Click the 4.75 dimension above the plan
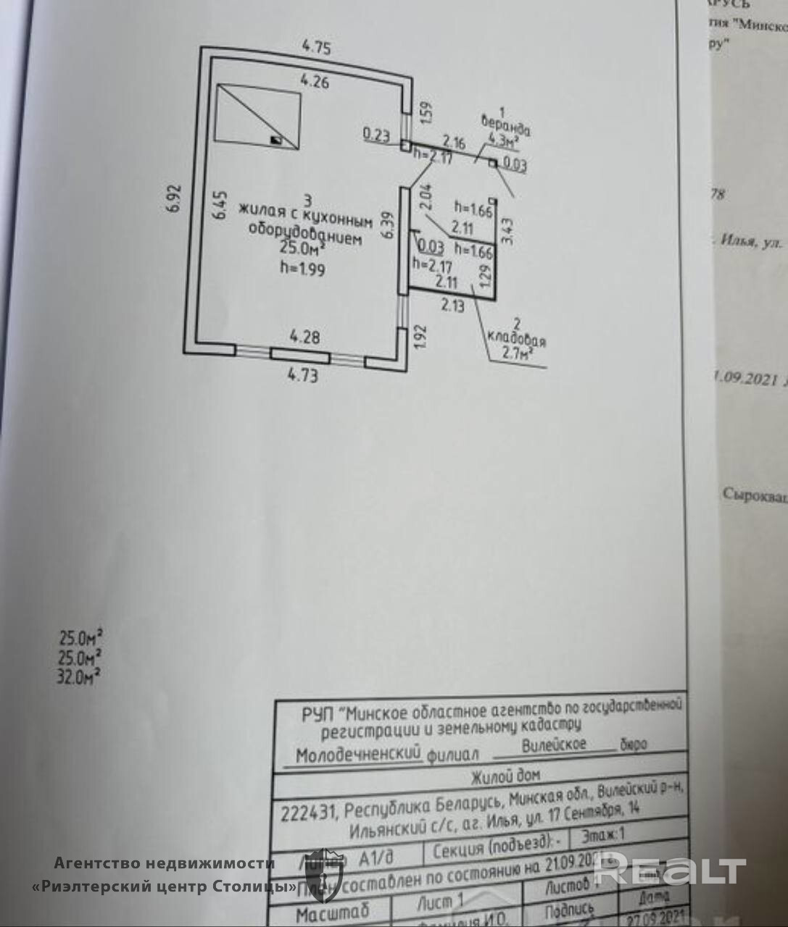point(316,49)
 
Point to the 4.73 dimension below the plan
point(302,375)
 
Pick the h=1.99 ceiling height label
point(302,269)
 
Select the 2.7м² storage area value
point(518,353)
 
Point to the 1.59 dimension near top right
point(427,110)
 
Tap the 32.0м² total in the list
point(79,677)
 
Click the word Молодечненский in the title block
point(358,755)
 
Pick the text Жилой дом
point(505,776)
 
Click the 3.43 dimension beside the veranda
point(507,230)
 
